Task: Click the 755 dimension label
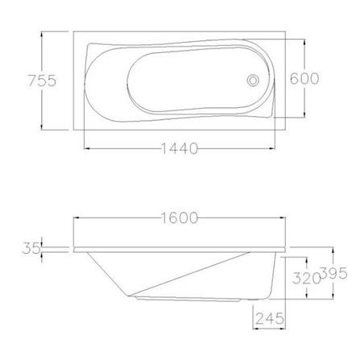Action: (x=42, y=81)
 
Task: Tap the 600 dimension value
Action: (x=304, y=78)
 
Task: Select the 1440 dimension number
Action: (x=180, y=148)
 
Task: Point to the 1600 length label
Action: (x=180, y=218)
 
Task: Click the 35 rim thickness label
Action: (x=31, y=248)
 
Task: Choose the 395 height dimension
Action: (x=334, y=274)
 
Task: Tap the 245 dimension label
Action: (x=269, y=319)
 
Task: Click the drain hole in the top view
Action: (x=253, y=81)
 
